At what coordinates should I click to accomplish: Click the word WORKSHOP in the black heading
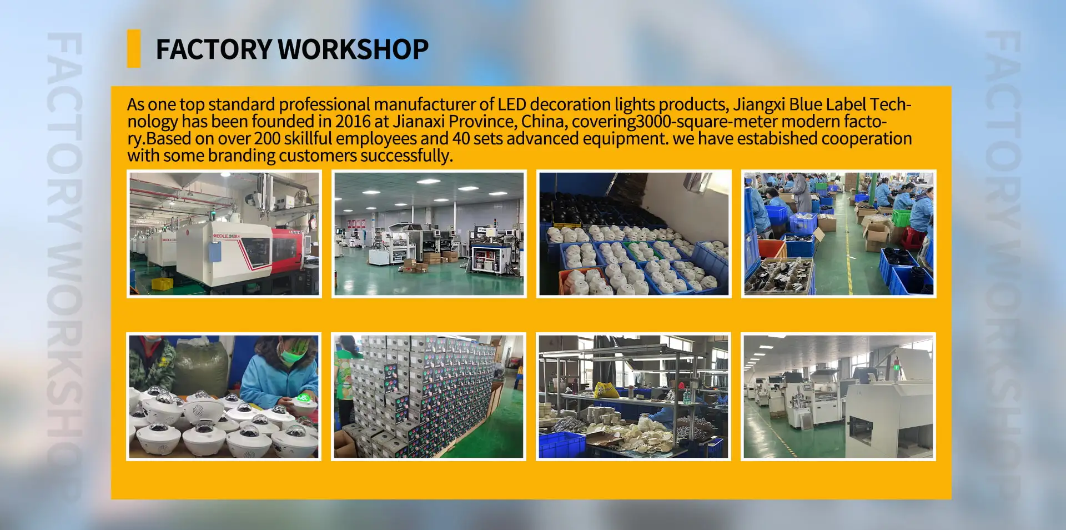(x=353, y=49)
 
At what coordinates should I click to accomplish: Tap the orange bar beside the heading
(x=134, y=48)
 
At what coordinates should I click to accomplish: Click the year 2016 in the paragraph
(x=353, y=121)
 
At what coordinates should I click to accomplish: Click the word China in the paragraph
(x=544, y=122)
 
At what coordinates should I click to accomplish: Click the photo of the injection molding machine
(x=224, y=233)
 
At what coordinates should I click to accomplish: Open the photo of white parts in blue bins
(x=633, y=233)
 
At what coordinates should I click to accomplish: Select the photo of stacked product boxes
(x=429, y=397)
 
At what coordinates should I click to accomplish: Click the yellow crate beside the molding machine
(x=162, y=284)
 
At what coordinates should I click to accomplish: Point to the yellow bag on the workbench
(x=607, y=390)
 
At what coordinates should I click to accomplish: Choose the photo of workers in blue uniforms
(x=838, y=233)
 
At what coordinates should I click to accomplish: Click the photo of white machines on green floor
(x=838, y=397)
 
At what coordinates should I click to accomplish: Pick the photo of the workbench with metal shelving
(x=633, y=397)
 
